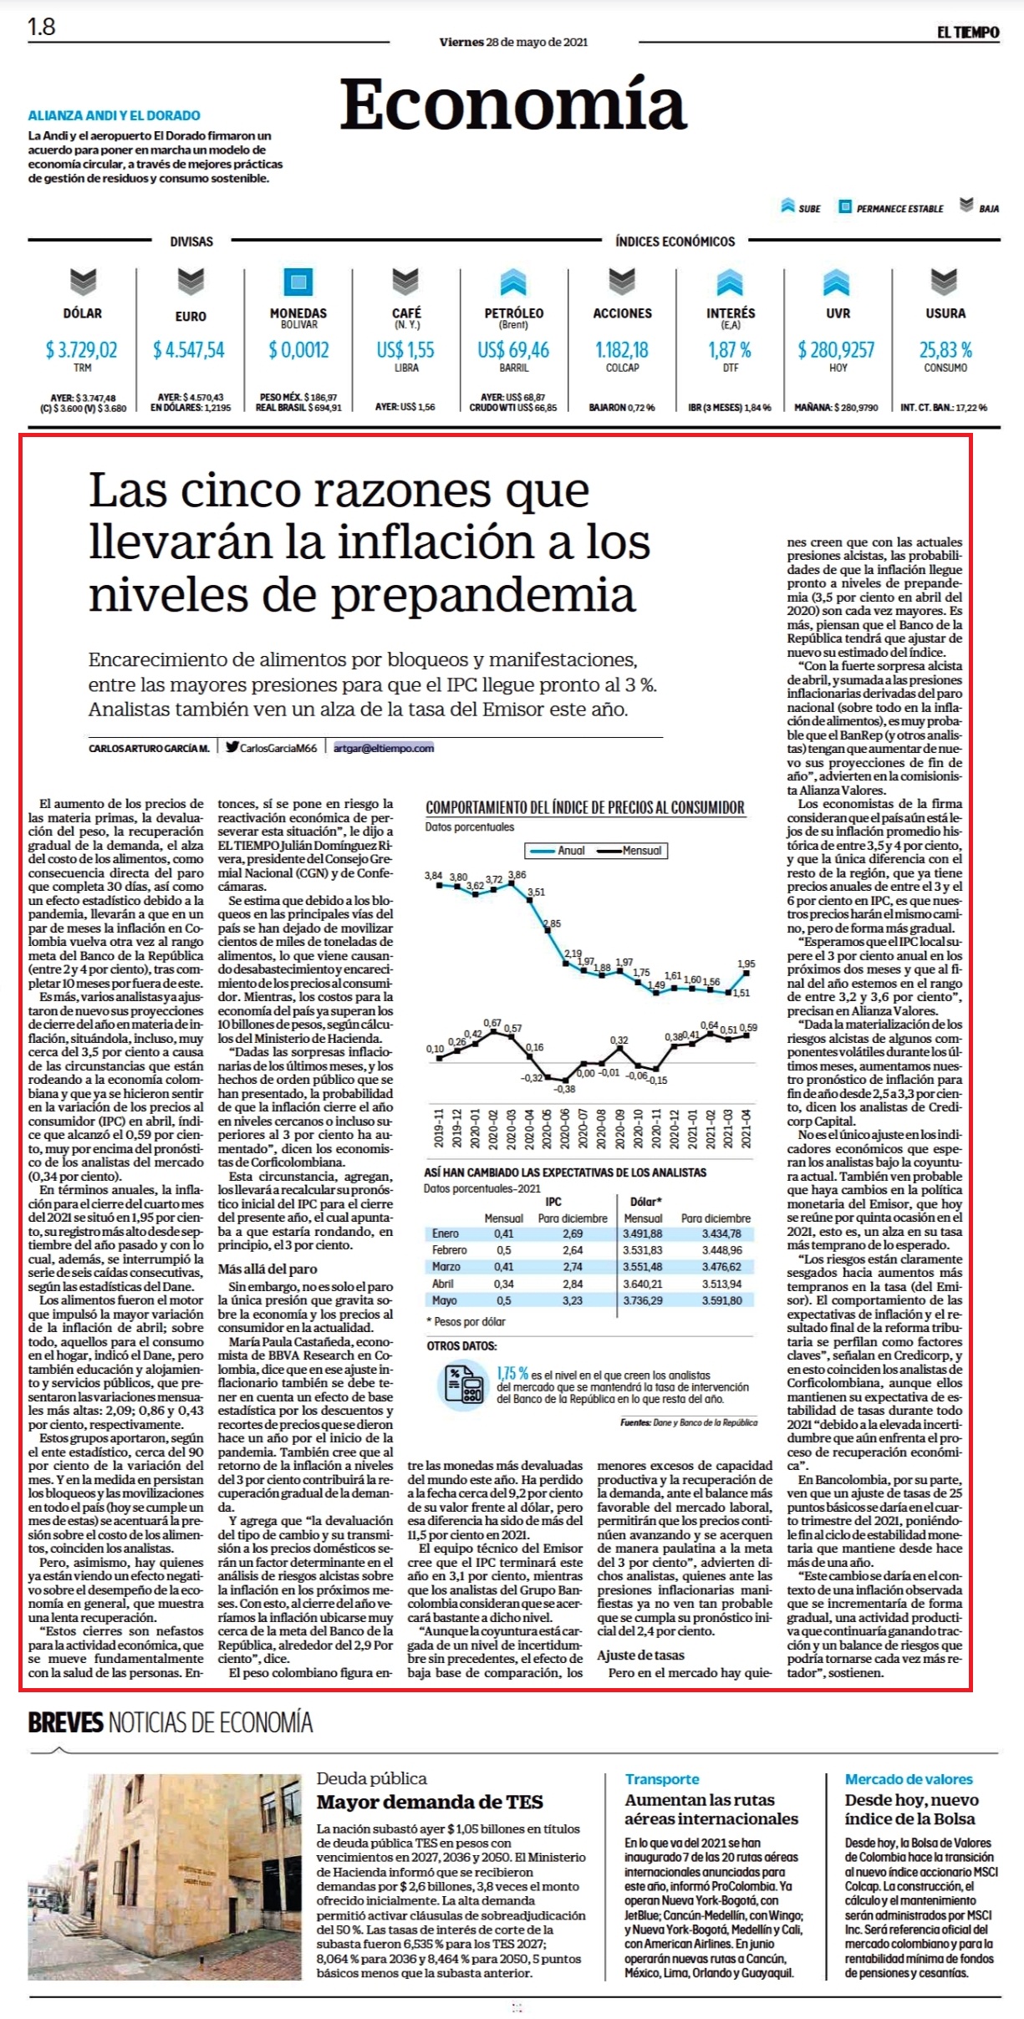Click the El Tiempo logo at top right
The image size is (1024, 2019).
(x=967, y=32)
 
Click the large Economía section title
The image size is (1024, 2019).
(x=513, y=104)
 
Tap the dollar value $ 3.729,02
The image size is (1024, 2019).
(x=81, y=349)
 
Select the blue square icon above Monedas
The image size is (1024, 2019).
(x=299, y=282)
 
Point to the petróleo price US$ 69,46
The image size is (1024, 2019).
(x=513, y=349)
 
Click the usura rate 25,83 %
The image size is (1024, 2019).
(x=945, y=349)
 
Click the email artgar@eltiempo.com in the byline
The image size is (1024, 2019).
(x=384, y=748)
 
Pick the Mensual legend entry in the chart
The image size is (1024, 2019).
(x=633, y=851)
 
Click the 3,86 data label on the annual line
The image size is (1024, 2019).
(x=517, y=875)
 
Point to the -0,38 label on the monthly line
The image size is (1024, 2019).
(x=565, y=1089)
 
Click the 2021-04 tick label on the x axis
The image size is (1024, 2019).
(x=746, y=1129)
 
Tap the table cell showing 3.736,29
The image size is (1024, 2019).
(x=642, y=1300)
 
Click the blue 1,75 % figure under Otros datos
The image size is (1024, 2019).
(x=512, y=1374)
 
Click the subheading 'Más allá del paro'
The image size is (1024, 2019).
(x=267, y=1269)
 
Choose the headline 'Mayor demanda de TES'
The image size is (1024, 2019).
(x=430, y=1802)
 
